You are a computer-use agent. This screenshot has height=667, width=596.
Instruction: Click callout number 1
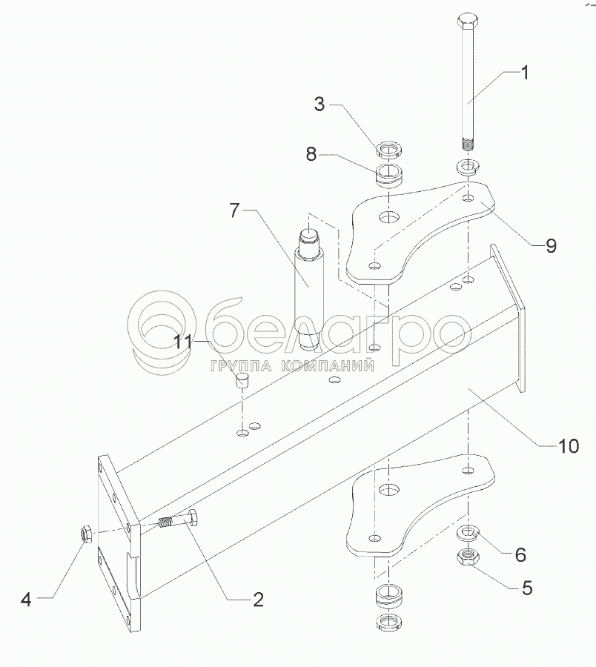[x=524, y=73]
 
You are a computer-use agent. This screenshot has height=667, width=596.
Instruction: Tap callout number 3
[x=319, y=104]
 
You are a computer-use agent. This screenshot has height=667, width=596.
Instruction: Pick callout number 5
[x=527, y=588]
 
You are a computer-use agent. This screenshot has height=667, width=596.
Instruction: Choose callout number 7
[x=234, y=210]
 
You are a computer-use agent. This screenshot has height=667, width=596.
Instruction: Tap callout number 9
[x=551, y=246]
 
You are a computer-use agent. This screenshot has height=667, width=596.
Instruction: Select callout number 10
[x=568, y=446]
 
